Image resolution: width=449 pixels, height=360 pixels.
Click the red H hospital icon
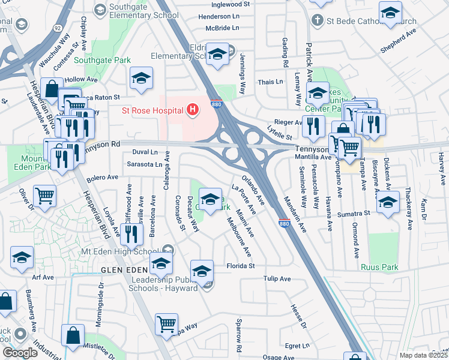(192, 110)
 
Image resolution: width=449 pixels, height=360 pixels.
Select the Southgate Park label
(94, 60)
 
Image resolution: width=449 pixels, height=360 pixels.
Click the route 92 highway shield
(56, 28)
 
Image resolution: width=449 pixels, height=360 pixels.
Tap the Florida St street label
(241, 266)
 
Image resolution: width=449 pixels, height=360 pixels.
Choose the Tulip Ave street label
(277, 279)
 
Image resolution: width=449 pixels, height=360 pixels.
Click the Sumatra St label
(353, 214)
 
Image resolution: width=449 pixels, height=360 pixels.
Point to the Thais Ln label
(270, 82)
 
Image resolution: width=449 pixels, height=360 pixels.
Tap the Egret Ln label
(297, 346)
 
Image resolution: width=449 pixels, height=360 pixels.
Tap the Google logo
(20, 353)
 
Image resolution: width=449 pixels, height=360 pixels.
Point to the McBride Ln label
(221, 28)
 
